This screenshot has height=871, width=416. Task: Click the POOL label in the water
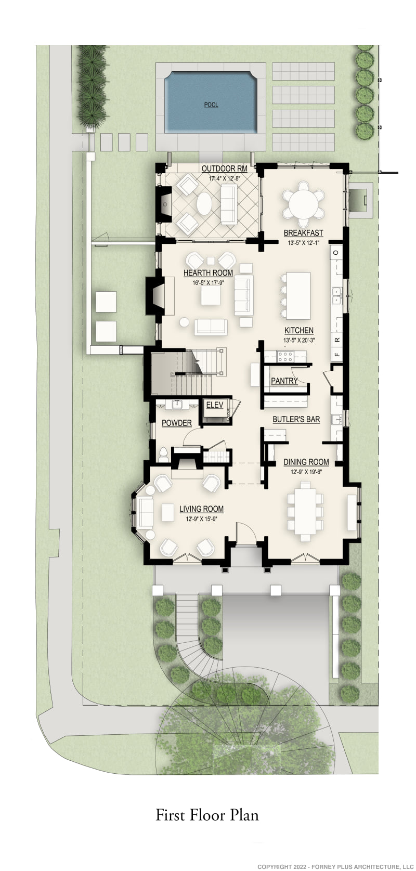coord(211,105)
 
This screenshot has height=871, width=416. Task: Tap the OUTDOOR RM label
coord(224,169)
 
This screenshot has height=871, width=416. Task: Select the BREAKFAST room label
coord(303,233)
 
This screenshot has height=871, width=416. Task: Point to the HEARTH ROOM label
coord(208,273)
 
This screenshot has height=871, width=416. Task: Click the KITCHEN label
coord(298,330)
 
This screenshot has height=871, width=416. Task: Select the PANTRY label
coord(284,381)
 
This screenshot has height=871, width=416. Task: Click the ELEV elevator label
coord(215,405)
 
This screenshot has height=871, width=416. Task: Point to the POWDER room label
coord(176,423)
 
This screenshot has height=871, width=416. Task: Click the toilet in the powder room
coord(164,454)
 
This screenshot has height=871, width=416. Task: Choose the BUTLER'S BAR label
coord(296,419)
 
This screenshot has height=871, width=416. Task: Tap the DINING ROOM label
coord(306,462)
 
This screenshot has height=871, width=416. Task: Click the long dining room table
coord(305,511)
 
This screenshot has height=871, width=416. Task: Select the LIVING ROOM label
coord(201,509)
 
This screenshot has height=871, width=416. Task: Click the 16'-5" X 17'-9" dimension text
coord(208,283)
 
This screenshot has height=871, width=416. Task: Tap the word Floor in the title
coord(207,815)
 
